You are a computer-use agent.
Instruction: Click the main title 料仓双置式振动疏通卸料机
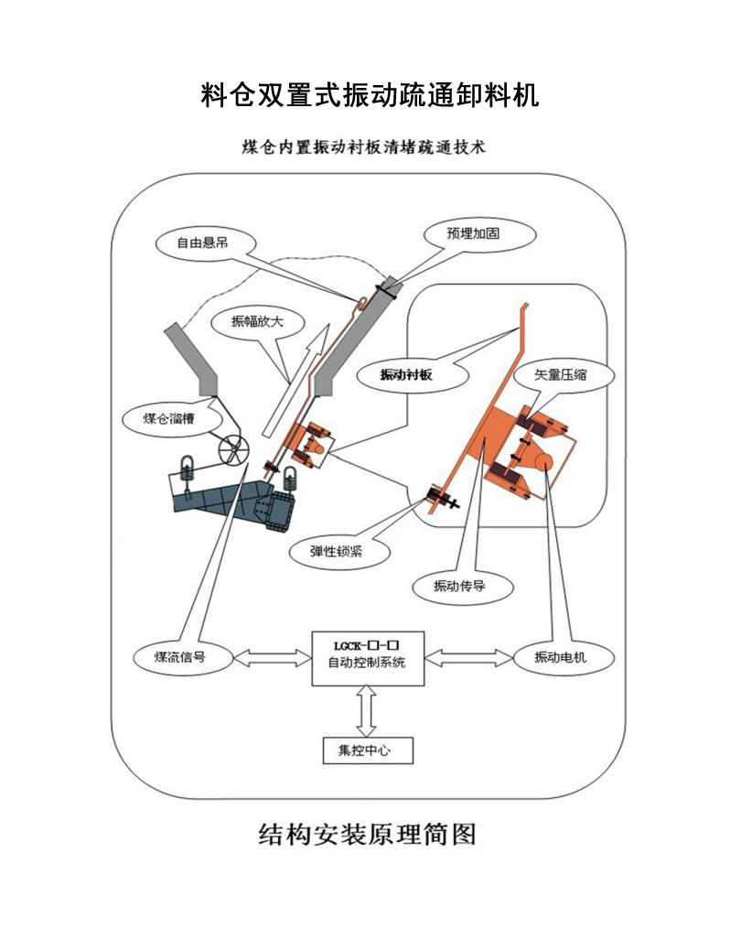pyautogui.click(x=370, y=94)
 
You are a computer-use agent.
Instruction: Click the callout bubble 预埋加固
pyautogui.click(x=473, y=233)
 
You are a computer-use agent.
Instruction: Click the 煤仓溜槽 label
pyautogui.click(x=169, y=419)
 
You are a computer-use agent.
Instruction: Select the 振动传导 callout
pyautogui.click(x=459, y=587)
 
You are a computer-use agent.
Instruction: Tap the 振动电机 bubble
pyautogui.click(x=561, y=657)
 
